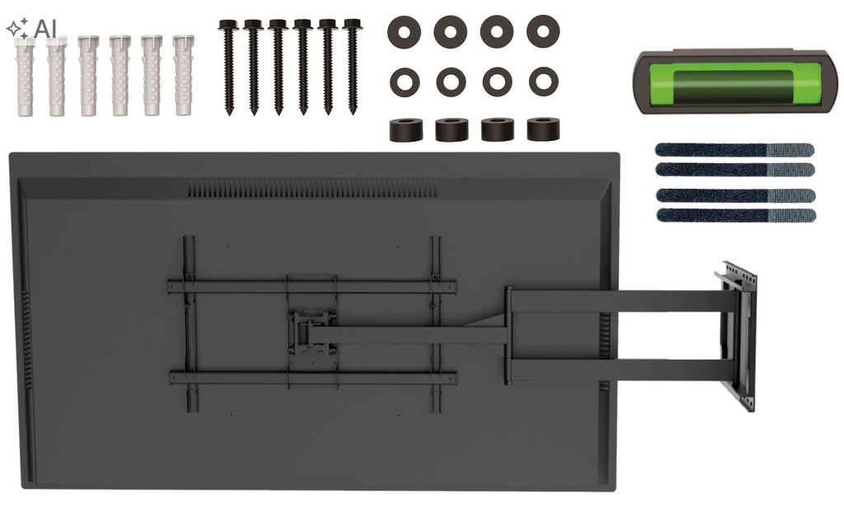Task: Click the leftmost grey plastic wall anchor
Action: click(x=24, y=76)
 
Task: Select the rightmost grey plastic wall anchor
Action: click(x=183, y=76)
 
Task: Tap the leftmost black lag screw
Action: click(x=229, y=68)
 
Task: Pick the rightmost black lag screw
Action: click(x=353, y=67)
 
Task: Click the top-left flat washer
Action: click(x=404, y=32)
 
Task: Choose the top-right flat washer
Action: click(x=543, y=31)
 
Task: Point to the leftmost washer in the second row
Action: click(x=405, y=82)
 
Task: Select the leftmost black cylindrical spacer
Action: click(x=406, y=130)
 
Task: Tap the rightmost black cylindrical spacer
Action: click(x=543, y=129)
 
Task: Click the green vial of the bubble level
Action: click(x=734, y=84)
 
